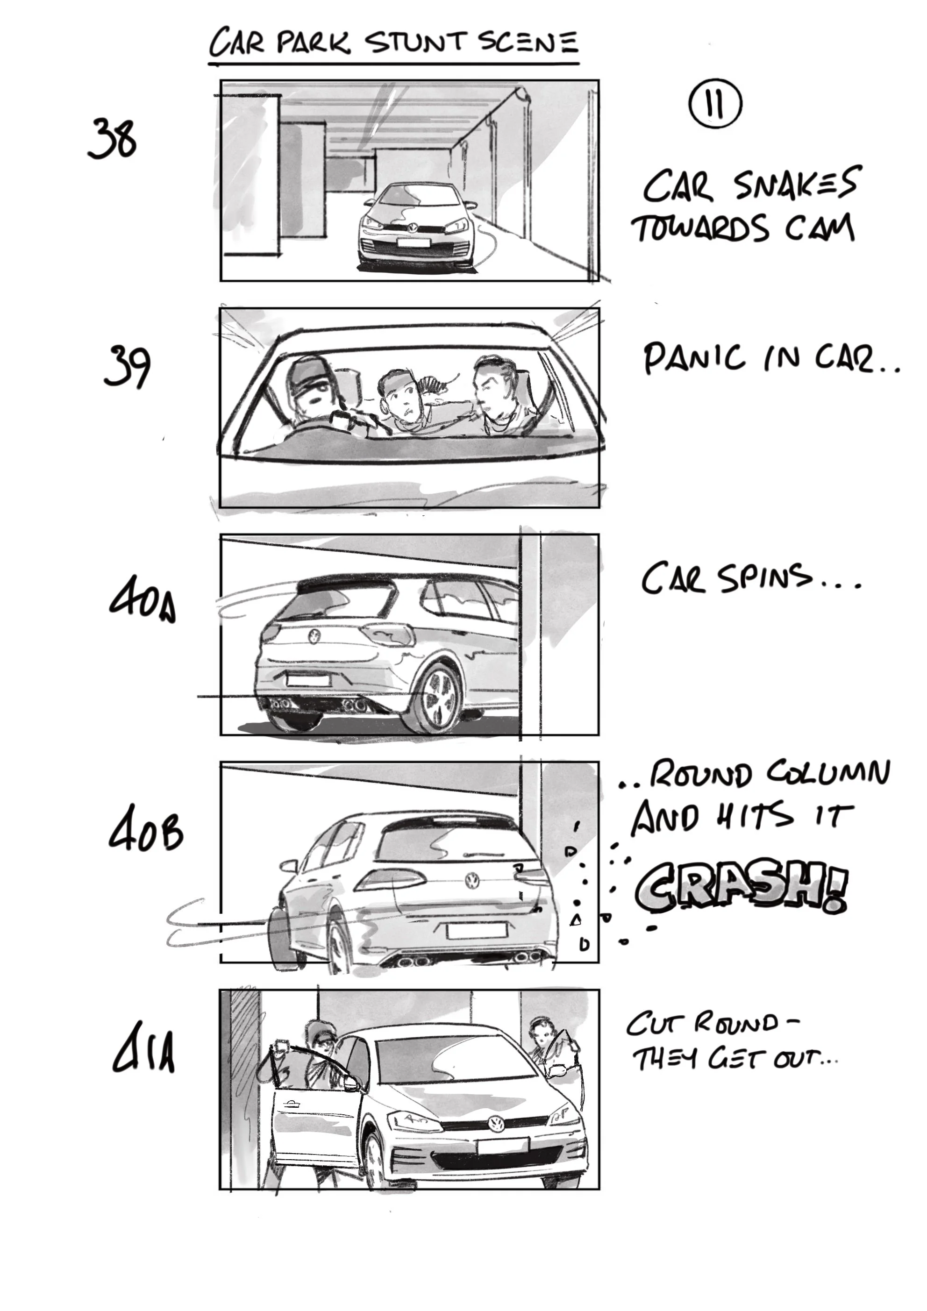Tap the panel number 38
point(112,139)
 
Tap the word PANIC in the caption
point(693,358)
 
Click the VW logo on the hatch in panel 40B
point(472,879)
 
